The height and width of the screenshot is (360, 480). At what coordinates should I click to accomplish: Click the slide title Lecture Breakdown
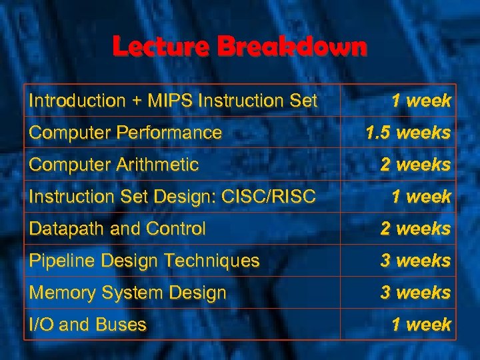pyautogui.click(x=239, y=47)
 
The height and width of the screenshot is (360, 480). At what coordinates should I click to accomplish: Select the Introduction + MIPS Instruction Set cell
pyautogui.click(x=173, y=101)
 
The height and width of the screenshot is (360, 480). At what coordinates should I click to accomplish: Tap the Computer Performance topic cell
pyautogui.click(x=125, y=133)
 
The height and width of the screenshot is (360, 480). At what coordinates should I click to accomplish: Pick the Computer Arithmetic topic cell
pyautogui.click(x=114, y=164)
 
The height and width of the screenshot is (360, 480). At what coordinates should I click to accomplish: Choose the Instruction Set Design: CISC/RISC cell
pyautogui.click(x=173, y=197)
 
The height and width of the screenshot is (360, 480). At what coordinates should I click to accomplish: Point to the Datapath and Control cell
pyautogui.click(x=117, y=229)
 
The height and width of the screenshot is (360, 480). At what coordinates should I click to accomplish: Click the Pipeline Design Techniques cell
pyautogui.click(x=144, y=261)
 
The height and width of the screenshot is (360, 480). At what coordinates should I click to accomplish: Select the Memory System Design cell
pyautogui.click(x=127, y=293)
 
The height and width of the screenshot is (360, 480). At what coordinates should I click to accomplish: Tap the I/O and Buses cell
pyautogui.click(x=87, y=325)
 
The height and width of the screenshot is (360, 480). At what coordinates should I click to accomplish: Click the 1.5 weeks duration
pyautogui.click(x=408, y=133)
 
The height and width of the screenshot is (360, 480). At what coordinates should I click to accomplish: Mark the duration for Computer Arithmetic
pyautogui.click(x=415, y=164)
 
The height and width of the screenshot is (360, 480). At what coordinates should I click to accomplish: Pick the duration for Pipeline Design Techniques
pyautogui.click(x=415, y=261)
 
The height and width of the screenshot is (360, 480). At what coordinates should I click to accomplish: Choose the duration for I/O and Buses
pyautogui.click(x=421, y=325)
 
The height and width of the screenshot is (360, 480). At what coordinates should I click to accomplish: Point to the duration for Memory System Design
pyautogui.click(x=415, y=293)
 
